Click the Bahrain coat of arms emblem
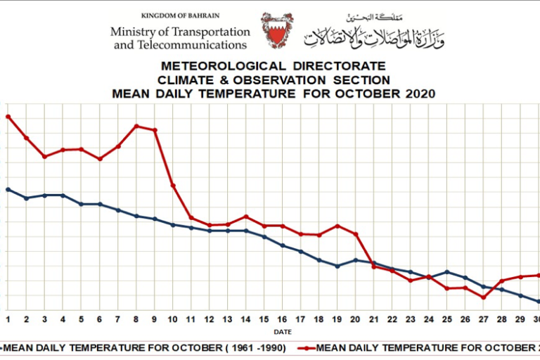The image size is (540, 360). [x=277, y=30]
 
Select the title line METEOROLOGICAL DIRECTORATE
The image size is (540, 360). [x=274, y=67]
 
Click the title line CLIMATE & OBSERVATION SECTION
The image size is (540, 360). [x=274, y=80]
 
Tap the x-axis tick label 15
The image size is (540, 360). [x=264, y=319]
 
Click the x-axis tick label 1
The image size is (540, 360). [x=8, y=319]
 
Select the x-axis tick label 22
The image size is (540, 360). [x=392, y=319]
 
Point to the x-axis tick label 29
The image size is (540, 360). [x=520, y=319]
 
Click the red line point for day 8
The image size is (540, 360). [x=136, y=127]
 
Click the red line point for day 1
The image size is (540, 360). [x=8, y=116]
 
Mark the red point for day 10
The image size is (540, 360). [x=173, y=186]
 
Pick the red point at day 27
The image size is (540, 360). [x=484, y=297]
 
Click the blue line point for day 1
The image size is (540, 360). [x=8, y=189]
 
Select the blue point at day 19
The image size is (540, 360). [x=337, y=266]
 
